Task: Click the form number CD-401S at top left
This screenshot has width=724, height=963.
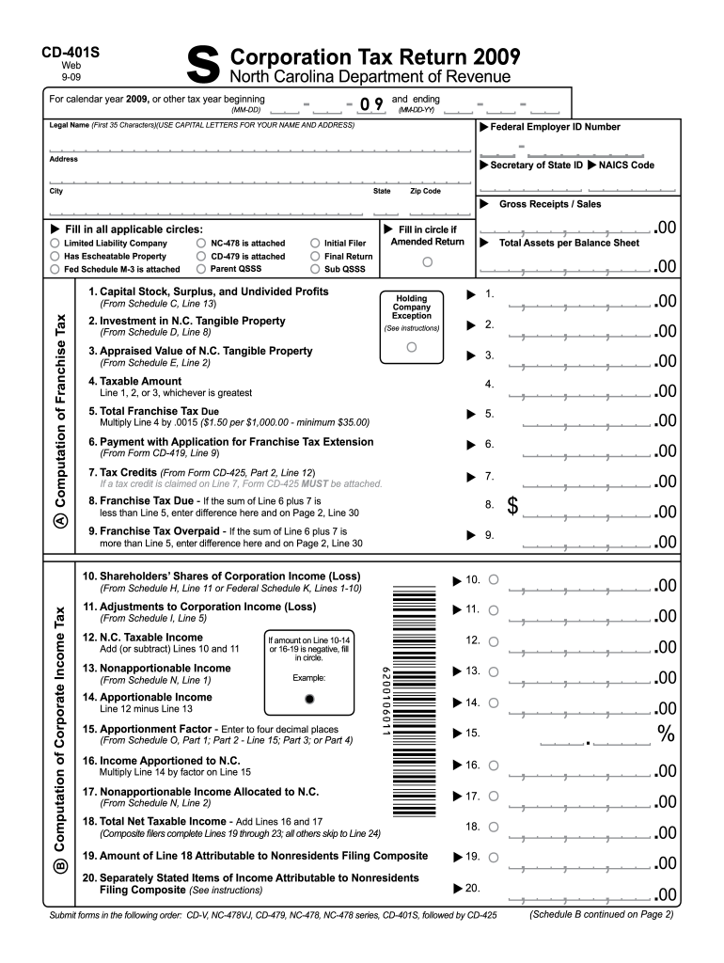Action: tap(71, 54)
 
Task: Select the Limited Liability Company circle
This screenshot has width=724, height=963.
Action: tap(55, 243)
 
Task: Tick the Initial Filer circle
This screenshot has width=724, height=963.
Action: tap(315, 243)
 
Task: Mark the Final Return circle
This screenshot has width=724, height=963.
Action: tap(315, 256)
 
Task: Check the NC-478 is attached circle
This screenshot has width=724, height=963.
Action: tap(201, 243)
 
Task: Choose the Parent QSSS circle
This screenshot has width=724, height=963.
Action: tap(201, 268)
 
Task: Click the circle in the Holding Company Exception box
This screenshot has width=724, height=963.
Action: tap(411, 346)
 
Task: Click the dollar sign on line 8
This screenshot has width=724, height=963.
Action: tap(513, 506)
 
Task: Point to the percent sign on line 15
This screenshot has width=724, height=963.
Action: tap(666, 734)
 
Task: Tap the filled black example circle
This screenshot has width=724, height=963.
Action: tap(308, 700)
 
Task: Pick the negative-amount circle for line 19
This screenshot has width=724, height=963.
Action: tap(494, 857)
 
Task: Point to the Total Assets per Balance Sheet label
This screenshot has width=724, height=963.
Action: tap(569, 243)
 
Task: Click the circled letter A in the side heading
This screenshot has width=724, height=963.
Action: tap(60, 518)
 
